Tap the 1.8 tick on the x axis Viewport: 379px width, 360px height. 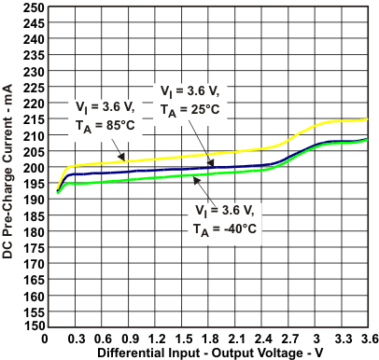[x=209, y=339]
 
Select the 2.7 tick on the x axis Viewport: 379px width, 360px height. [x=290, y=339]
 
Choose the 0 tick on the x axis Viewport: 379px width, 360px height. [x=45, y=339]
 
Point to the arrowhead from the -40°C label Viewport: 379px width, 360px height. [x=193, y=174]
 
